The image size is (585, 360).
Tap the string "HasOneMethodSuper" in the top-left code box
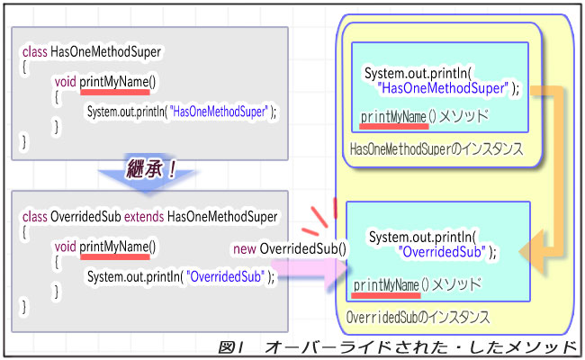pyautogui.click(x=220, y=112)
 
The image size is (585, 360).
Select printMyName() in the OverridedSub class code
pyautogui.click(x=117, y=246)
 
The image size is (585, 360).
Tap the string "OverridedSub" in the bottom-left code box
pyautogui.click(x=225, y=275)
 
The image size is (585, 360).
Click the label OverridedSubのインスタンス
pyautogui.click(x=418, y=317)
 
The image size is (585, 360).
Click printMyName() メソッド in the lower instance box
pyautogui.click(x=416, y=285)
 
